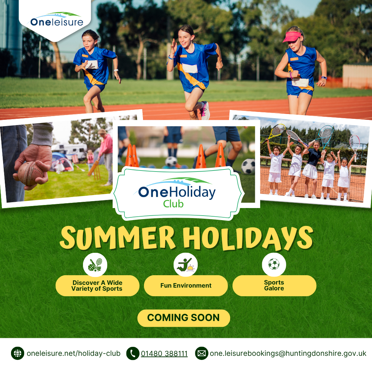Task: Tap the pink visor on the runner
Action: pyautogui.click(x=292, y=37)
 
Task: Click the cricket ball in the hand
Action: pyautogui.click(x=30, y=173)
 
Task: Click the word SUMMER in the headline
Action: pyautogui.click(x=117, y=238)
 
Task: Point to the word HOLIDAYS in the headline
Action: pyautogui.click(x=248, y=238)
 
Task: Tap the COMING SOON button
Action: pyautogui.click(x=184, y=318)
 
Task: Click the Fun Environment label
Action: pyautogui.click(x=186, y=286)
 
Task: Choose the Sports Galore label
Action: pyautogui.click(x=274, y=286)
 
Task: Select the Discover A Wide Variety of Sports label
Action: pyautogui.click(x=97, y=286)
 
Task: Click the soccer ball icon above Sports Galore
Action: pyautogui.click(x=274, y=264)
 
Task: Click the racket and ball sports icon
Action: pyautogui.click(x=95, y=265)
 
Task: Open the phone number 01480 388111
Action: pyautogui.click(x=164, y=353)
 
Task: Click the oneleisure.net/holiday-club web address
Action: pyautogui.click(x=74, y=353)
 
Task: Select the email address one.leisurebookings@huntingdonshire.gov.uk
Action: pyautogui.click(x=288, y=353)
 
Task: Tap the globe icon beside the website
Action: pyautogui.click(x=18, y=353)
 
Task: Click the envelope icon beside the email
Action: pyautogui.click(x=201, y=353)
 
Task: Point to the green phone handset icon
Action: pyautogui.click(x=133, y=353)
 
